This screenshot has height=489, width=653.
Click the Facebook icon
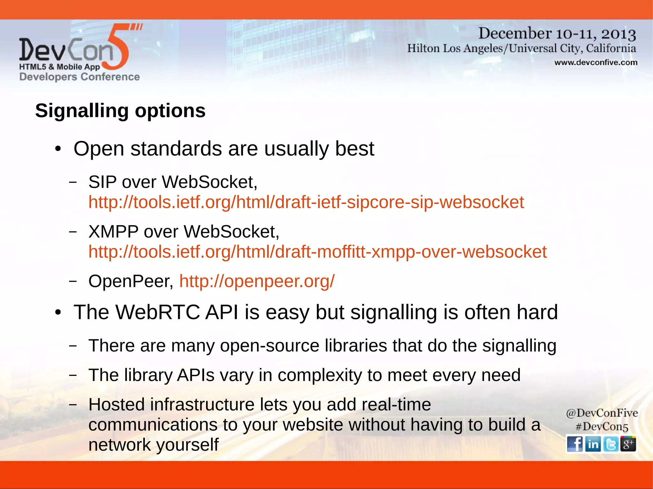[x=575, y=444]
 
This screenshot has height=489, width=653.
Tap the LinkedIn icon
[x=593, y=444]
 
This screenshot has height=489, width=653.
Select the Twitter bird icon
[x=611, y=444]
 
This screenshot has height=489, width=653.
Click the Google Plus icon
[x=628, y=444]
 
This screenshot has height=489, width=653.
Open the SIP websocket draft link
[x=306, y=202]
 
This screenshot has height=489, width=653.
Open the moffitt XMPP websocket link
[x=317, y=252]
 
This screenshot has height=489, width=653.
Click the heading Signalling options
[x=120, y=111]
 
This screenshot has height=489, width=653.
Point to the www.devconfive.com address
[x=596, y=62]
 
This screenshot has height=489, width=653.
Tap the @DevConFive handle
[x=602, y=413]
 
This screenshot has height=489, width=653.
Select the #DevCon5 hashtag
[x=602, y=427]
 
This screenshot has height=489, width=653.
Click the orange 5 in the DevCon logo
[x=118, y=48]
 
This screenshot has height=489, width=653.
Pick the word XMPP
[x=113, y=232]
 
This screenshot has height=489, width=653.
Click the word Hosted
[x=117, y=405]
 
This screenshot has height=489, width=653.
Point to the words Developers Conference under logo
[x=79, y=77]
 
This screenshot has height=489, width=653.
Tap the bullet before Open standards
[x=58, y=149]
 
